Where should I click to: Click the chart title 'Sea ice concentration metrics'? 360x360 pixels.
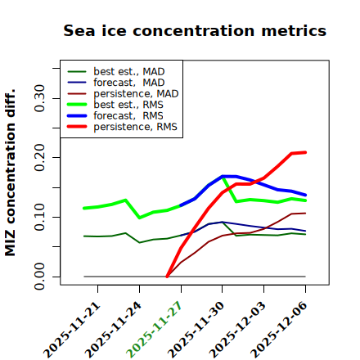click(195, 31)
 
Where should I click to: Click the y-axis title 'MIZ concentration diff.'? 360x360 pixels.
click(10, 173)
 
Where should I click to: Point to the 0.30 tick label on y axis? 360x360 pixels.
click(40, 98)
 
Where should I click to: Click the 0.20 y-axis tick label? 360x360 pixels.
click(40, 157)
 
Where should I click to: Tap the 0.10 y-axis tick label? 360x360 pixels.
click(40, 217)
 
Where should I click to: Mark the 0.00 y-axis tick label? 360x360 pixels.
click(40, 277)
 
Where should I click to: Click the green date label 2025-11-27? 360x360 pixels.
click(154, 330)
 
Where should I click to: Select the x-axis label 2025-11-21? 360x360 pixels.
click(71, 330)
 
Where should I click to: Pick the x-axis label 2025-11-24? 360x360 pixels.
click(113, 330)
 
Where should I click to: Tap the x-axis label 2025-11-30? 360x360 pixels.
click(196, 330)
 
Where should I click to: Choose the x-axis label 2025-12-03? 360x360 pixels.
click(237, 330)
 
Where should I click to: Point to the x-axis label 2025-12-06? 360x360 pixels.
click(279, 330)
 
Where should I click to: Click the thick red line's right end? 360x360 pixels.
click(305, 152)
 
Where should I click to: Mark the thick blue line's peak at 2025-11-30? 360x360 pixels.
click(223, 176)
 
